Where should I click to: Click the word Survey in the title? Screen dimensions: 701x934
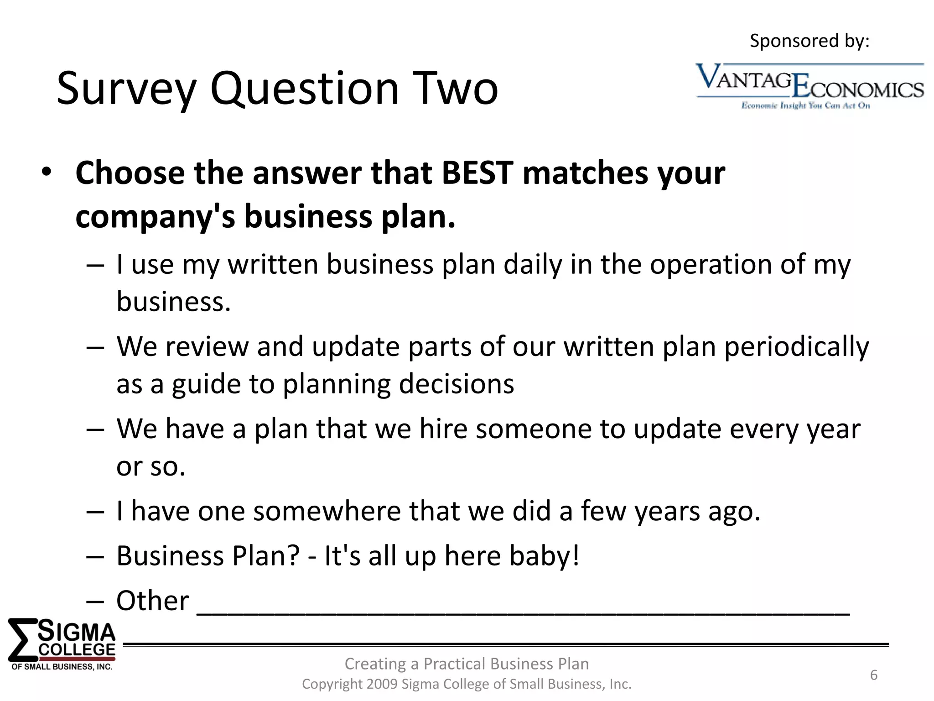126,89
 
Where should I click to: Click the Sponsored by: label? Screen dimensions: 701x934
809,41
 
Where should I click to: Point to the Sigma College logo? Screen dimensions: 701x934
62,644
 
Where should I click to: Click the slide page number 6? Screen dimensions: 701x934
873,675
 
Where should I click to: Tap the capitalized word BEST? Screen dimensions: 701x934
477,173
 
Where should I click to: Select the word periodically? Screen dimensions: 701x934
796,347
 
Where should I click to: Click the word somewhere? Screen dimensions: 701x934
327,511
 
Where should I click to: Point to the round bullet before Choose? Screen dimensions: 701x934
46,173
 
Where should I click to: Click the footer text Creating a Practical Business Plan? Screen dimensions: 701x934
467,664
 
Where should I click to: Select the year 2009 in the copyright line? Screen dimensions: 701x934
381,684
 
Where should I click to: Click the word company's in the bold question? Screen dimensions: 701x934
155,216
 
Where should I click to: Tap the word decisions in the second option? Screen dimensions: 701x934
457,384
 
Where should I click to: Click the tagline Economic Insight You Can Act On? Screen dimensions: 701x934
806,106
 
